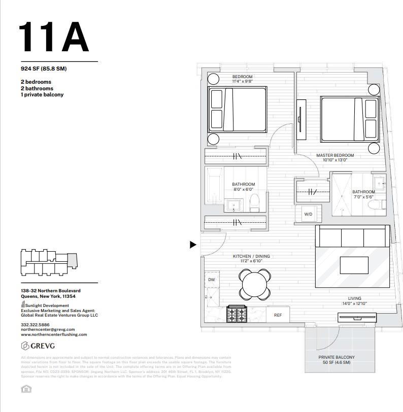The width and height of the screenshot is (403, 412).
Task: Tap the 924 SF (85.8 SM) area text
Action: (x=44, y=68)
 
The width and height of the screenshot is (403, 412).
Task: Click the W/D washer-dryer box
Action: (x=308, y=214)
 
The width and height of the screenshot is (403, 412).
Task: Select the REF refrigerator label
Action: (x=278, y=315)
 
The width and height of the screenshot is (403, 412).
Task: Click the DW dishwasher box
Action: (x=212, y=280)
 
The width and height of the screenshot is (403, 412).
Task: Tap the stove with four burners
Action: (x=236, y=314)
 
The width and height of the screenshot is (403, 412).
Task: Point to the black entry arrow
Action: (x=193, y=245)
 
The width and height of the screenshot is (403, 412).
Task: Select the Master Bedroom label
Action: (x=335, y=155)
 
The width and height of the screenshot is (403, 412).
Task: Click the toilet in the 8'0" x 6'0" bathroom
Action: (x=255, y=203)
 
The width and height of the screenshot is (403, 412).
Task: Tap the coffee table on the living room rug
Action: (x=354, y=265)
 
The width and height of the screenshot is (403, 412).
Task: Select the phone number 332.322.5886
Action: (x=35, y=324)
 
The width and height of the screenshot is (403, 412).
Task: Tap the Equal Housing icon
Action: (x=25, y=389)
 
